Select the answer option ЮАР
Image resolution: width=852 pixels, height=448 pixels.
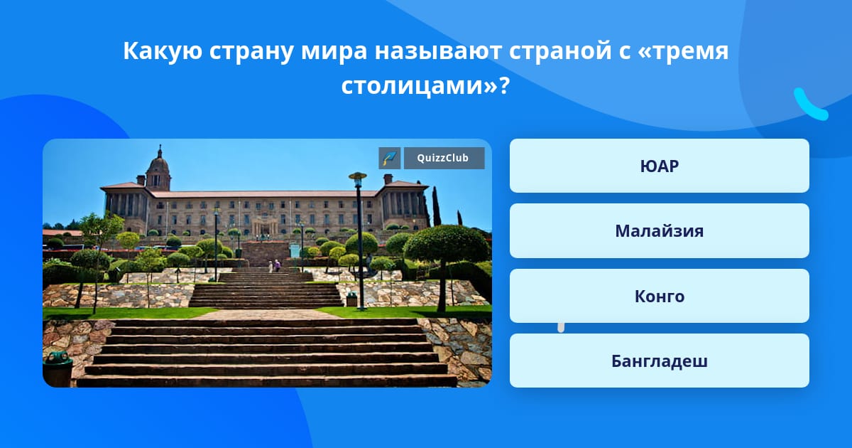(659, 166)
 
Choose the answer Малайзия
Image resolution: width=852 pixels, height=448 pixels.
(659, 231)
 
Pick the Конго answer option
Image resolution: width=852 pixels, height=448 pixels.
(659, 296)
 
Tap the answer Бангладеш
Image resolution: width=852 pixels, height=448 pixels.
(659, 361)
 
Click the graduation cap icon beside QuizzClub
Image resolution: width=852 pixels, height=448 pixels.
(390, 158)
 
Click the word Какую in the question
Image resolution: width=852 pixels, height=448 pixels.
(163, 50)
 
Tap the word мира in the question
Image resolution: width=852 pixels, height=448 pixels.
(334, 51)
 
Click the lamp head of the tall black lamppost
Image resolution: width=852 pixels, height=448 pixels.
(358, 176)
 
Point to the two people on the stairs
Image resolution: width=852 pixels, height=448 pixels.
(274, 265)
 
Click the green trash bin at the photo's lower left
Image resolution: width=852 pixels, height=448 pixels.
(58, 369)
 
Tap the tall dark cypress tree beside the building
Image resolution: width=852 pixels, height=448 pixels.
(435, 206)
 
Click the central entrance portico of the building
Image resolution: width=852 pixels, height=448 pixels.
(265, 226)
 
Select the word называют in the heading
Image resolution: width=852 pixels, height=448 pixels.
(438, 51)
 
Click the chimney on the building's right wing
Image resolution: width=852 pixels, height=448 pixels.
(388, 178)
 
